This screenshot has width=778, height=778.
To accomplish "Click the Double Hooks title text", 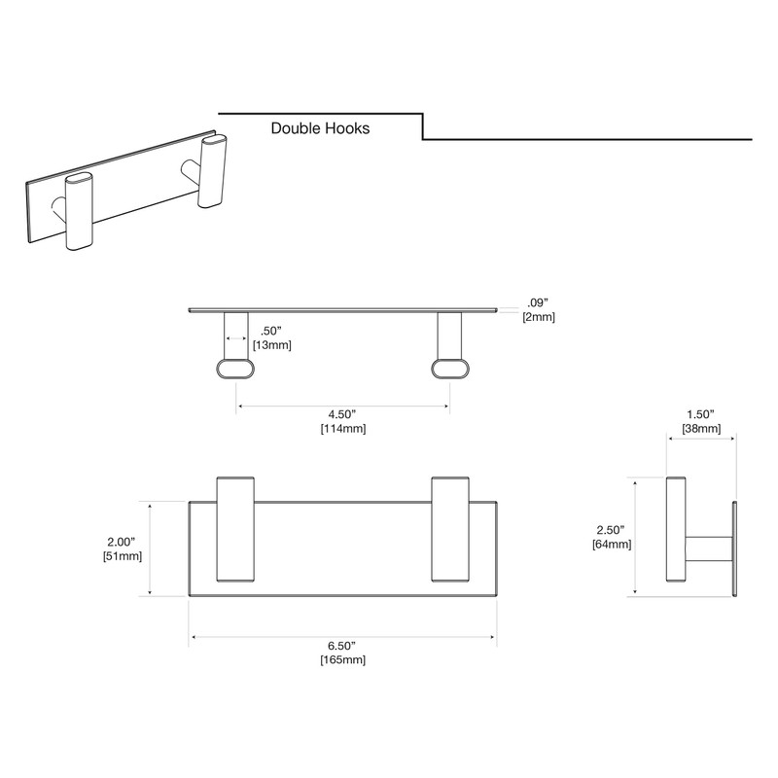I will pos(320,127).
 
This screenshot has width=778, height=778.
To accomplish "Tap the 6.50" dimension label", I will pos(342,647).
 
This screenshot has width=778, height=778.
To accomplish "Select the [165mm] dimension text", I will pos(342,661).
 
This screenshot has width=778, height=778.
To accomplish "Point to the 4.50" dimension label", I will pos(342,414).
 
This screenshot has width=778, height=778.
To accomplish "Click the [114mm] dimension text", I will pos(342,429).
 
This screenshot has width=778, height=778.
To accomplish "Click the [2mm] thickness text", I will pos(538,317).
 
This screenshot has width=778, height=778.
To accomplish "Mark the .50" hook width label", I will pos(271,331).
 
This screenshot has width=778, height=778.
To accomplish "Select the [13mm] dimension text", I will pos(271,345).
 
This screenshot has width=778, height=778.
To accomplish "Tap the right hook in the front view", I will pos(448,530).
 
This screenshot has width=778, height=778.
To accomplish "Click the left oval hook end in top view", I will pos(234,367).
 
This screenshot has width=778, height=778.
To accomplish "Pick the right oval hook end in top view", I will pos(450,367).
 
